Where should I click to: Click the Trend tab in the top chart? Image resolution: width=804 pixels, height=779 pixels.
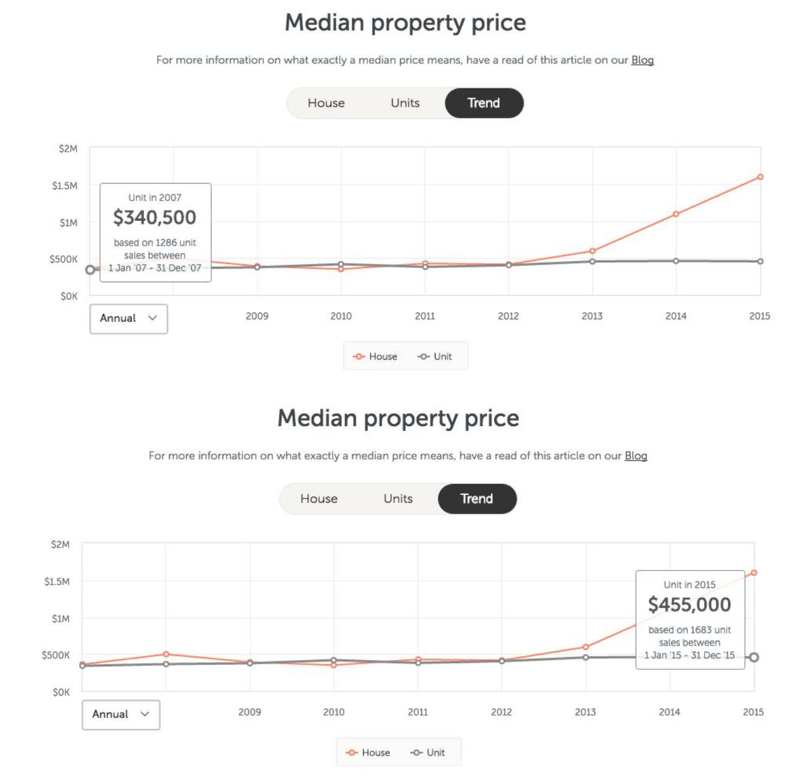coord(484,103)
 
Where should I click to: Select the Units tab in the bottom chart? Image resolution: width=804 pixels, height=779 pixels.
coord(398,499)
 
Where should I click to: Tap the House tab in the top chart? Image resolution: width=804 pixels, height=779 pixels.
coord(326,103)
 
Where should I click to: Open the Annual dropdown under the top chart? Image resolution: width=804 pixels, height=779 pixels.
coord(129,318)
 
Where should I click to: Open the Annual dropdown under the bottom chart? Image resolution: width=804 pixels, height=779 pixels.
coord(121,714)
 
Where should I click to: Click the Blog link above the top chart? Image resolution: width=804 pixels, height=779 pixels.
coord(642,60)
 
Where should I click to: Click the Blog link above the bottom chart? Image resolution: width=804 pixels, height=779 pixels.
coord(635,455)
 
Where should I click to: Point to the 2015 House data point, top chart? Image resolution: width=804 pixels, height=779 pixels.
coord(760,177)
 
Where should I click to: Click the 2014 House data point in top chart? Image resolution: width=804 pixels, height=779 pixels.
coord(676,214)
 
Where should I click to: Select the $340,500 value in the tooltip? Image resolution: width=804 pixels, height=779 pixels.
coord(155,218)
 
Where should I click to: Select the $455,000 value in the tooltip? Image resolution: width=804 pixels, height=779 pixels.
coord(689,605)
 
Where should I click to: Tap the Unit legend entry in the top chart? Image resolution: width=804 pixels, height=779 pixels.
coord(435,357)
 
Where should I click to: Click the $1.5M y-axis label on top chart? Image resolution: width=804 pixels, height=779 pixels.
coord(65,185)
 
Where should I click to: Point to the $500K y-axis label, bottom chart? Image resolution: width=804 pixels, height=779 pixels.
coord(56,655)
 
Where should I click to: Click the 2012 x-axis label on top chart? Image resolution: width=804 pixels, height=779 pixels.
coord(508,316)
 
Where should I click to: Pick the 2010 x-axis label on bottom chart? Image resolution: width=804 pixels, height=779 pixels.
coord(333,712)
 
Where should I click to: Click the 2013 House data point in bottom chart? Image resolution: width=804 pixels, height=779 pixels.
coord(585,647)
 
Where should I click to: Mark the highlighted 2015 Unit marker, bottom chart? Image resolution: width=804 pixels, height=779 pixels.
coord(754,657)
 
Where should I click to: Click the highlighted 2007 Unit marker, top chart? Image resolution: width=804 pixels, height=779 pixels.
coord(90,269)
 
